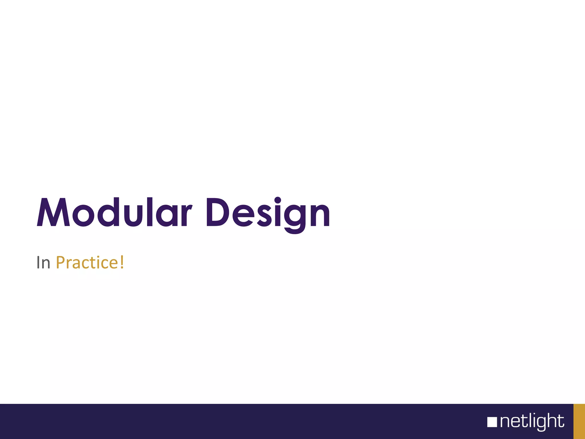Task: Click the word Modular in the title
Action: [114, 213]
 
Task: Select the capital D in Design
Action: [217, 213]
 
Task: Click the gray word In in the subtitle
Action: [43, 263]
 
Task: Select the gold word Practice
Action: [87, 263]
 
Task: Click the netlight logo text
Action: [532, 422]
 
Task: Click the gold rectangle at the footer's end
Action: [579, 421]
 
